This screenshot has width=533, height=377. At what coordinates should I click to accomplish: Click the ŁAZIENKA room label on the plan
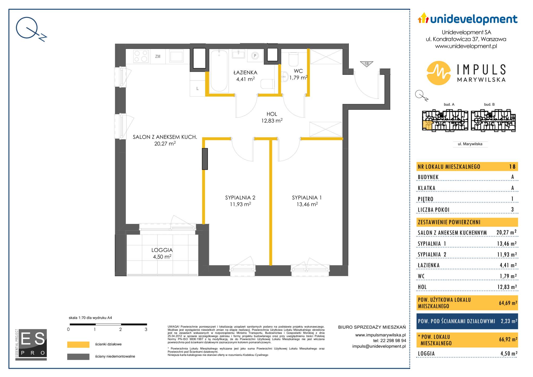(245, 73)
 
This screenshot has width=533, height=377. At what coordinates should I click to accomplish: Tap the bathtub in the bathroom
(219, 71)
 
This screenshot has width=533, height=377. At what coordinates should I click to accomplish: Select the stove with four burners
(141, 56)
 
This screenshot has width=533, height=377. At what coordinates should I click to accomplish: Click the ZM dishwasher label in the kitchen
(158, 56)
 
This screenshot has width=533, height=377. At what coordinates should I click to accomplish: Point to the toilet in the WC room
(293, 60)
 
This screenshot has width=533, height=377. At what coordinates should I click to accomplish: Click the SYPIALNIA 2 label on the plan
(240, 198)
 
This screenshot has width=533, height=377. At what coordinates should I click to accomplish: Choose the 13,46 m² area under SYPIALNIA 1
(307, 204)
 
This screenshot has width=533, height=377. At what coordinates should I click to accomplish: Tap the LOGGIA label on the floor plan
(162, 250)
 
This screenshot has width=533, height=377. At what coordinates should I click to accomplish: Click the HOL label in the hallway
(272, 114)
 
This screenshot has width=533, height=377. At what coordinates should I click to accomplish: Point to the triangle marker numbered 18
(367, 64)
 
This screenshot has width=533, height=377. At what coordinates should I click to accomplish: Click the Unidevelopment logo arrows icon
(423, 18)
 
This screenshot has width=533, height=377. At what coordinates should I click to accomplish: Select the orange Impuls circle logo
(439, 73)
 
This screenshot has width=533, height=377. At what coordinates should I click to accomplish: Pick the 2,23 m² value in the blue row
(509, 321)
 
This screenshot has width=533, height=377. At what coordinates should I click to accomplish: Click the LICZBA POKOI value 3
(512, 210)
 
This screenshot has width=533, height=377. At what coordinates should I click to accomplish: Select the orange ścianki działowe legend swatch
(78, 344)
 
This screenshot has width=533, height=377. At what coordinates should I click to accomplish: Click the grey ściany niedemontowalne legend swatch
(78, 357)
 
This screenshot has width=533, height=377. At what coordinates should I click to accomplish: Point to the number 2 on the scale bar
(120, 329)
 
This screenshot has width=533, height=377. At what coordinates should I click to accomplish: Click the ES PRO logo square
(31, 344)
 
